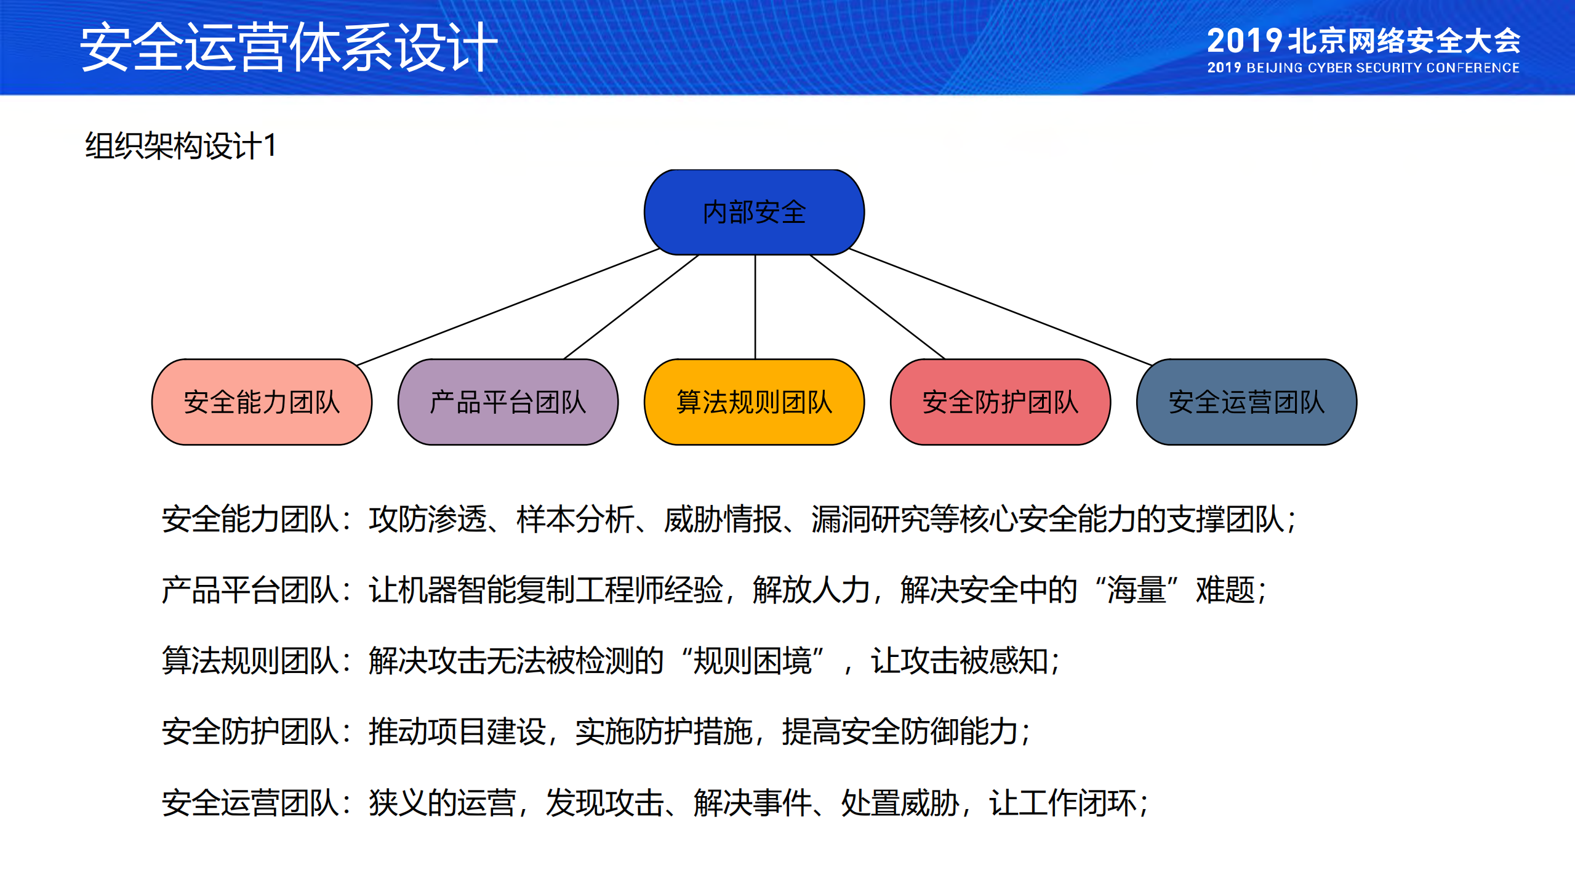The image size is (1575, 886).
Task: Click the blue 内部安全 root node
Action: pyautogui.click(x=754, y=212)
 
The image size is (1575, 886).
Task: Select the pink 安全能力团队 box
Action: pyautogui.click(x=262, y=402)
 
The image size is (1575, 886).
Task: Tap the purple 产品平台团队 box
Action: pyautogui.click(x=508, y=402)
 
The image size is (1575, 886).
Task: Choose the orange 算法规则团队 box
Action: pyautogui.click(x=754, y=402)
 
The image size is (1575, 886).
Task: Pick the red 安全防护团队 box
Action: pyautogui.click(x=1000, y=402)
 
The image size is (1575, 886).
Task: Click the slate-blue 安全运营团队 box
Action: pyautogui.click(x=1246, y=402)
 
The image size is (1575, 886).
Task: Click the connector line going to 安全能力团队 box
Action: pyautogui.click(x=508, y=307)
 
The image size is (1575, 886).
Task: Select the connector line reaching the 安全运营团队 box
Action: pyautogui.click(x=1000, y=307)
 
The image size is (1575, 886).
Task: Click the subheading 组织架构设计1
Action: pyautogui.click(x=181, y=146)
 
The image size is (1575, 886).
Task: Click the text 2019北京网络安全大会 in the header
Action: pyautogui.click(x=1363, y=41)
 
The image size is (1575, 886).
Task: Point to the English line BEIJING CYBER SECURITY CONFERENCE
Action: pyautogui.click(x=1382, y=68)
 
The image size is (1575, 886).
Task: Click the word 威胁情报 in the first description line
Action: pyautogui.click(x=723, y=519)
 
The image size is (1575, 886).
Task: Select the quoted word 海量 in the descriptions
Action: pyautogui.click(x=1136, y=590)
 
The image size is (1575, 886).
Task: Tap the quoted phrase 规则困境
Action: pyautogui.click(x=752, y=661)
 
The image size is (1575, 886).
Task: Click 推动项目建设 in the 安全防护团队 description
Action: pyautogui.click(x=457, y=731)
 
